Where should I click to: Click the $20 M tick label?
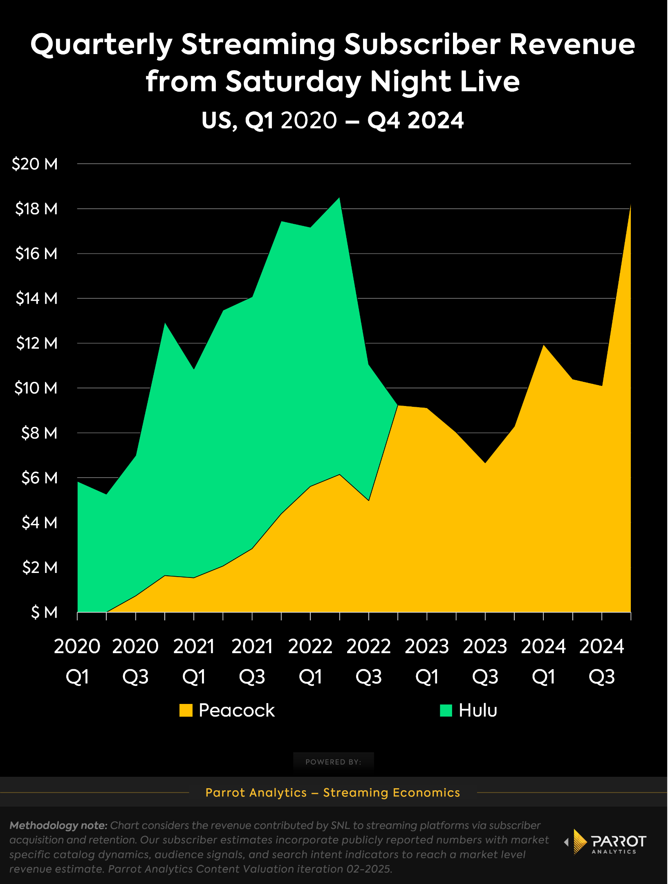coord(35,164)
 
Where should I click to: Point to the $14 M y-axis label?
coord(36,298)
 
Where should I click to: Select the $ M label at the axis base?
coord(44,612)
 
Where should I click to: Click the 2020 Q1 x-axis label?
coord(77,661)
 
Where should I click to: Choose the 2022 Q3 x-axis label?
coord(368,661)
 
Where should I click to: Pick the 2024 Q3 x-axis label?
coord(601,661)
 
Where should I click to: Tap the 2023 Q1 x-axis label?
coord(427,661)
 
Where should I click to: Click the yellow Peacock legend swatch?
coord(186,710)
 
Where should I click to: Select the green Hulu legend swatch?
coord(446,710)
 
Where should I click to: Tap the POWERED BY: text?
coord(333,762)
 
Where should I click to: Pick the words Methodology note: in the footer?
coord(58,825)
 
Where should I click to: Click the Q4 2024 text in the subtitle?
coord(415,120)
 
